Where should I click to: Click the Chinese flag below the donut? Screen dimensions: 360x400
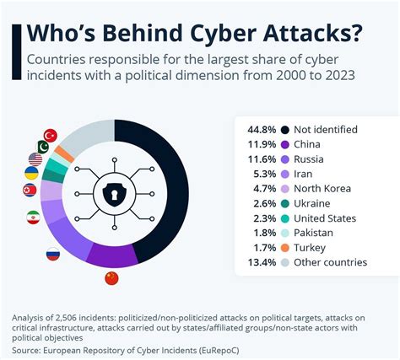pyautogui.click(x=111, y=277)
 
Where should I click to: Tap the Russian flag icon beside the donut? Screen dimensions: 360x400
pyautogui.click(x=52, y=253)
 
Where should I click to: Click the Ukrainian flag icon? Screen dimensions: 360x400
pyautogui.click(x=30, y=174)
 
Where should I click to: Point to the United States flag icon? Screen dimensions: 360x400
pyautogui.click(x=35, y=159)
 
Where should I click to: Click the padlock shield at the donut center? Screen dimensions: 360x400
pyautogui.click(x=113, y=194)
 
